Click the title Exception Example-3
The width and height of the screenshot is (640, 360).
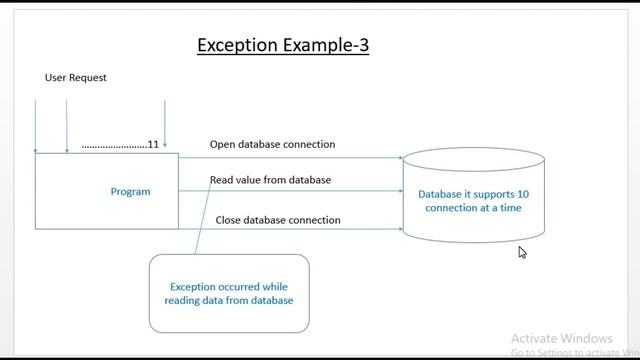283,46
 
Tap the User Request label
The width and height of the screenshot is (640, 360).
76,77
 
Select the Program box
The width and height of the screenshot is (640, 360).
107,191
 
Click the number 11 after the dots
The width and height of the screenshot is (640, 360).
153,145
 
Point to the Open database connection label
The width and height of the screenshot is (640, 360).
272,144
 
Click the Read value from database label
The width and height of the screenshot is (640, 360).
270,180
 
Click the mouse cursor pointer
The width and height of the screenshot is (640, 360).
522,252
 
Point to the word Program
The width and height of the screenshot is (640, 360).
130,191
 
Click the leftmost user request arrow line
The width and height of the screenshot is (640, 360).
36,125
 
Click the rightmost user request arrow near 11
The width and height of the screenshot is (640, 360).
164,125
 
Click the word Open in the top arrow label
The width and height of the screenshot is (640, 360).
222,144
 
